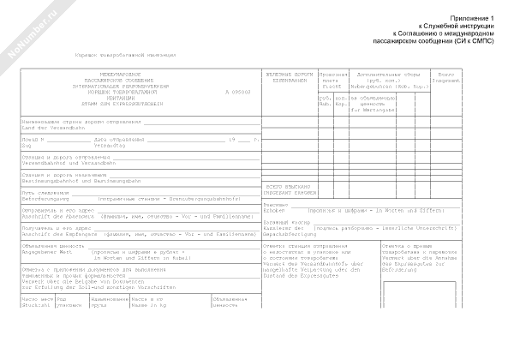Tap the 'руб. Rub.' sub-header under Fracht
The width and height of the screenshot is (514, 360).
point(325,103)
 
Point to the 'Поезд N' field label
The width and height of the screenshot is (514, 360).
point(33,139)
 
